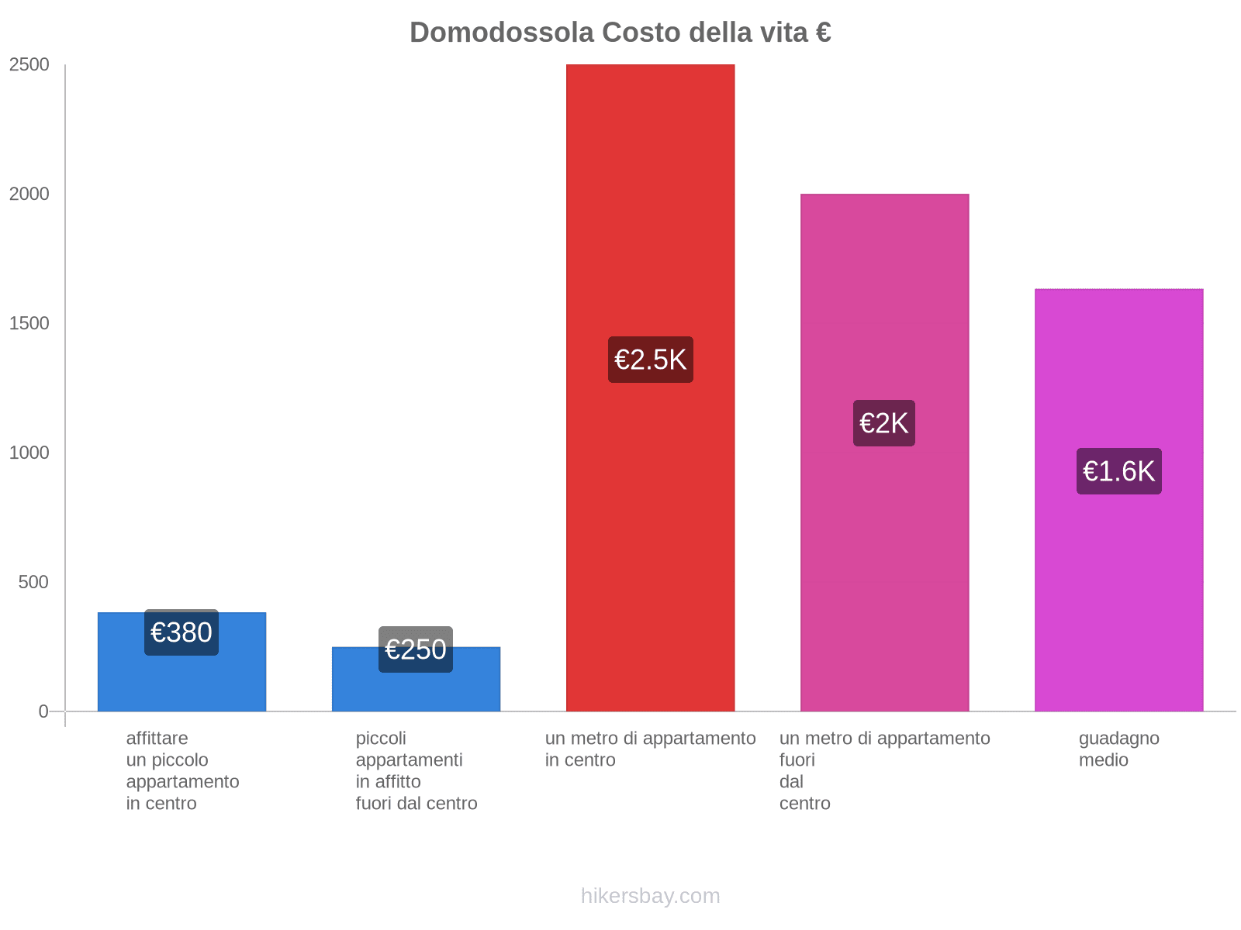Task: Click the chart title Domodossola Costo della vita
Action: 620,33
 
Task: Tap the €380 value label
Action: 181,632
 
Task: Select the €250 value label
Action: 416,649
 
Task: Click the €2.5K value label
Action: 650,360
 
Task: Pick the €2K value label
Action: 884,423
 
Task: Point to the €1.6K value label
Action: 1118,471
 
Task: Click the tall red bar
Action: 650,194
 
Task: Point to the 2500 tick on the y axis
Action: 29,65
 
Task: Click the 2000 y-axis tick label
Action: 29,195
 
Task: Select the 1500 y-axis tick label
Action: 29,324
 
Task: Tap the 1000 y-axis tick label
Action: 29,453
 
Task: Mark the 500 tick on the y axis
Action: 34,582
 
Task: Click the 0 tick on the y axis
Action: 43,711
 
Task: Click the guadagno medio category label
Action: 1118,749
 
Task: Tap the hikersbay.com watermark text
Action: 650,896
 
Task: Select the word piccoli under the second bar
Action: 381,739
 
